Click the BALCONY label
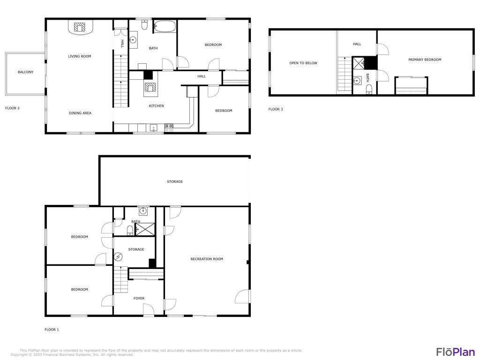(x=25, y=72)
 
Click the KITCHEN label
(x=156, y=106)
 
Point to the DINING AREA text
(x=80, y=113)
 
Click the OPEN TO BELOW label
(x=303, y=63)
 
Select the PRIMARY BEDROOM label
(x=425, y=60)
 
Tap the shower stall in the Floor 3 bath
(x=359, y=63)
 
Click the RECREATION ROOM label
(x=206, y=259)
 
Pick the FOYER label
(x=139, y=298)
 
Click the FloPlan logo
(x=455, y=352)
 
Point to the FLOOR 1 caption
(x=52, y=330)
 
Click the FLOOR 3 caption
(x=276, y=109)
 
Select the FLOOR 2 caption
(x=12, y=108)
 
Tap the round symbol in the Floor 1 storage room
(x=119, y=256)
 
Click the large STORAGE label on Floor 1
(x=175, y=181)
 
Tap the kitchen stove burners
(x=169, y=126)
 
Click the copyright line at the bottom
(x=72, y=355)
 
